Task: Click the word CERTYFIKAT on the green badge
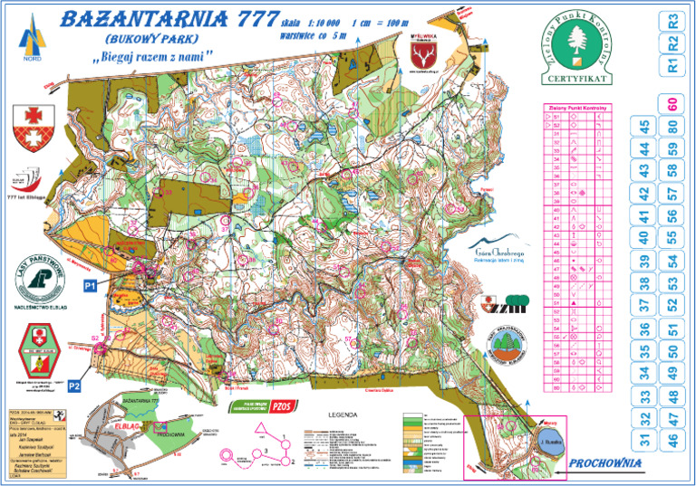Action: click(574, 79)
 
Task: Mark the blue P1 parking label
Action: click(90, 285)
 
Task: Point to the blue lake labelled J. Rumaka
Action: click(550, 443)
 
